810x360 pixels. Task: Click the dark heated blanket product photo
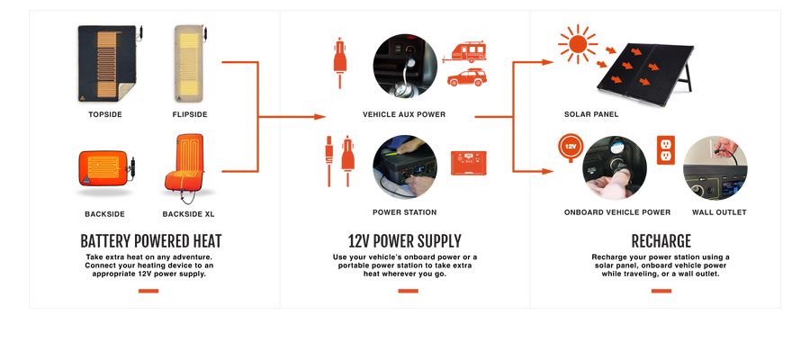(x=106, y=63)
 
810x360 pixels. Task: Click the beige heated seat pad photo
(x=191, y=63)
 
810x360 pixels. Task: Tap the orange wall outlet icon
(x=665, y=150)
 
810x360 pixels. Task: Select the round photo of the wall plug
(x=715, y=168)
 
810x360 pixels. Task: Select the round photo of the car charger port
(x=406, y=64)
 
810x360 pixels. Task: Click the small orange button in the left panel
(x=148, y=291)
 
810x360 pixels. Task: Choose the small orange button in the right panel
(x=661, y=291)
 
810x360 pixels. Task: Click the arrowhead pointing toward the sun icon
(x=549, y=62)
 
